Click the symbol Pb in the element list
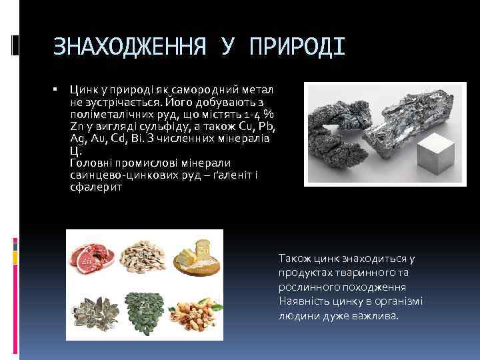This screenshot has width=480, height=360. [267, 127]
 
